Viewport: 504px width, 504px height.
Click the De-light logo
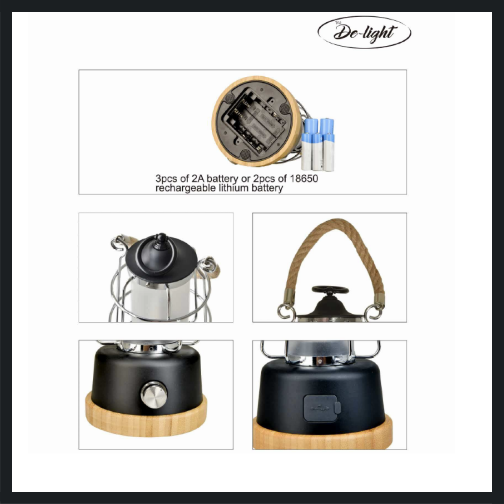point(364,32)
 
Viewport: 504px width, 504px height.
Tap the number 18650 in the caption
point(304,178)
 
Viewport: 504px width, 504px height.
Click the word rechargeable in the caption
point(185,188)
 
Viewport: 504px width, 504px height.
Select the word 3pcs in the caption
point(166,179)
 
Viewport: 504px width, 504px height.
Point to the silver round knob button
point(154,395)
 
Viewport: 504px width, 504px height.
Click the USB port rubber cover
point(321,408)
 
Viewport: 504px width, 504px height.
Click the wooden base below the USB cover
point(323,437)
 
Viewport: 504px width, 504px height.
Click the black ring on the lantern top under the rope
point(330,290)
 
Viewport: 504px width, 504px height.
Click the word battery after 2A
point(222,179)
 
